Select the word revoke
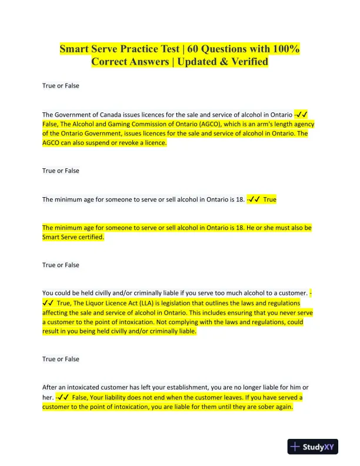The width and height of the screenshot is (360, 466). point(121,143)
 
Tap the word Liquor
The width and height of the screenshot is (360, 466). point(81,303)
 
